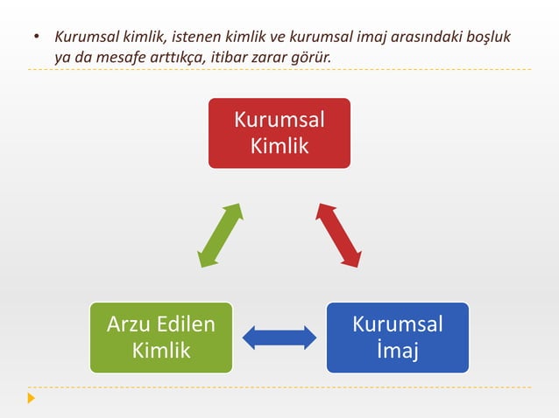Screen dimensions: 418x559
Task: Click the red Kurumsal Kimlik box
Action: tap(279, 133)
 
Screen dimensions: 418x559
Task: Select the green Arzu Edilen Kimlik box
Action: tap(160, 338)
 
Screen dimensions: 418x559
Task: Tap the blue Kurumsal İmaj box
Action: tap(397, 338)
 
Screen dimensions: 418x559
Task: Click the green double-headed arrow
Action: tap(220, 235)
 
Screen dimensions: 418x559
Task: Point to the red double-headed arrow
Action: tap(338, 235)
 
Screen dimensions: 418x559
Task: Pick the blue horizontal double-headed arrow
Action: tap(279, 338)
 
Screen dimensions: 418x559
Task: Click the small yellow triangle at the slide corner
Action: tap(32, 399)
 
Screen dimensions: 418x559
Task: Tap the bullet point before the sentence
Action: tap(36, 38)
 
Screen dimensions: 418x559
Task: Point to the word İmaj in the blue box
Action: tap(397, 352)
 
